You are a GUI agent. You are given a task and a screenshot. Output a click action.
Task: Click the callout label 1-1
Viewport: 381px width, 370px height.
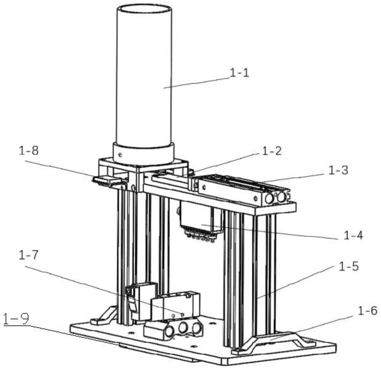pos(239,73)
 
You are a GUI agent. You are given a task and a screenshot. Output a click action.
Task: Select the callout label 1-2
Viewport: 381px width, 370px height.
pos(272,151)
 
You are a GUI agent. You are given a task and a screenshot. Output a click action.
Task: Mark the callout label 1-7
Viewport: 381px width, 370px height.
pos(28,255)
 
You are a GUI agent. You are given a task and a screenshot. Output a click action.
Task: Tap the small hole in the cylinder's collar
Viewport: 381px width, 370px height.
pos(120,155)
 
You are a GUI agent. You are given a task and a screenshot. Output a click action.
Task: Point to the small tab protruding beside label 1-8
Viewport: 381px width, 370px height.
pos(106,180)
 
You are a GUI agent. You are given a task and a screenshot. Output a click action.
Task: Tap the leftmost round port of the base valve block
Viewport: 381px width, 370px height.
pos(170,332)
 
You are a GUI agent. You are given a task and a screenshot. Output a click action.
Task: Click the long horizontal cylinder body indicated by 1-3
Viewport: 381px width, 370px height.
pos(244,189)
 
